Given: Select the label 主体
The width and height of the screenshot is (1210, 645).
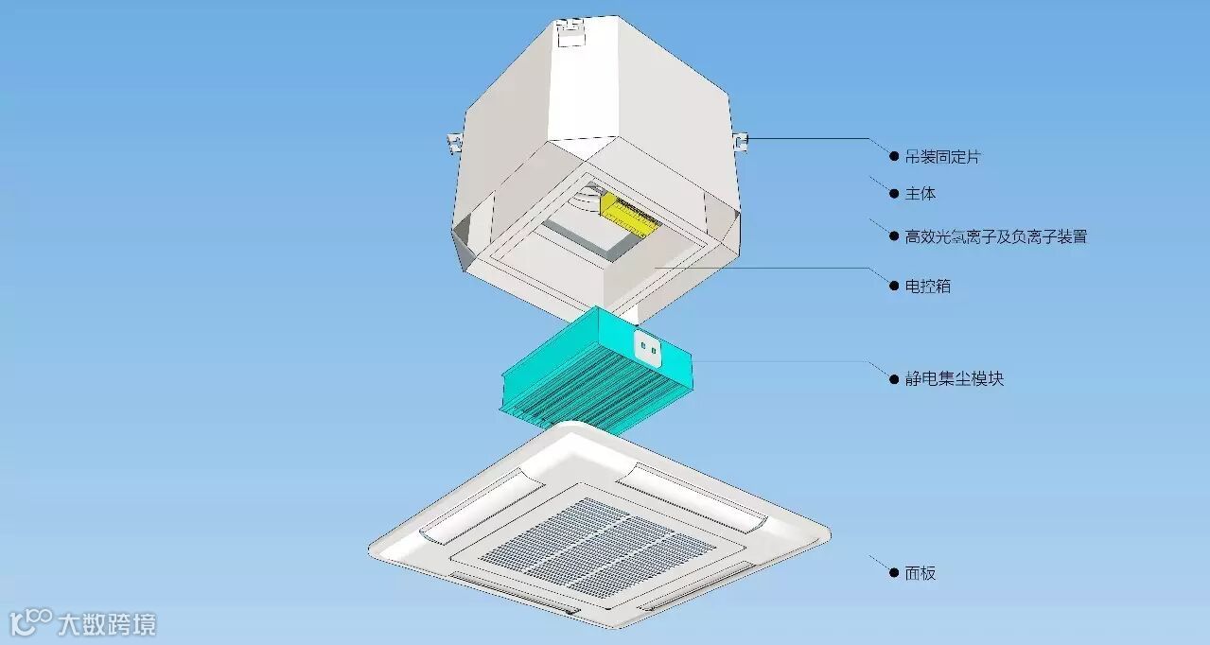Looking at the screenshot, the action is coord(921,194).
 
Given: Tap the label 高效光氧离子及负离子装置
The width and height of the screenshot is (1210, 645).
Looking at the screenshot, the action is coord(995,236).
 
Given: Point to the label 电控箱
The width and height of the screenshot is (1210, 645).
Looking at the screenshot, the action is coord(927,286).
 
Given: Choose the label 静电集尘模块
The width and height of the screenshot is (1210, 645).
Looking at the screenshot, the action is coord(954,378).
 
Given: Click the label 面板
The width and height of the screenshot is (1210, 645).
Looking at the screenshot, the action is coord(921,572).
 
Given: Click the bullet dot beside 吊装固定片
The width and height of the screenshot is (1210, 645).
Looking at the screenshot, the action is coord(893,156).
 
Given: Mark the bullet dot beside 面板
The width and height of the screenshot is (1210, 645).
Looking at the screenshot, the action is coord(893,572).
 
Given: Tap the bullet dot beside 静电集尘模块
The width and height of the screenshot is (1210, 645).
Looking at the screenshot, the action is coord(893,378).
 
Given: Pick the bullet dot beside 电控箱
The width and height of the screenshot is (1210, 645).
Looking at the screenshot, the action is coord(893,286).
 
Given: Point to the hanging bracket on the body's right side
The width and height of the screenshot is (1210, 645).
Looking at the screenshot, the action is coord(741,141).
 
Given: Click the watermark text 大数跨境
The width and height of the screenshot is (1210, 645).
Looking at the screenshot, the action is coord(106,624).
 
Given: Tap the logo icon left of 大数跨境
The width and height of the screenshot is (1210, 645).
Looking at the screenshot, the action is coord(30,621).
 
